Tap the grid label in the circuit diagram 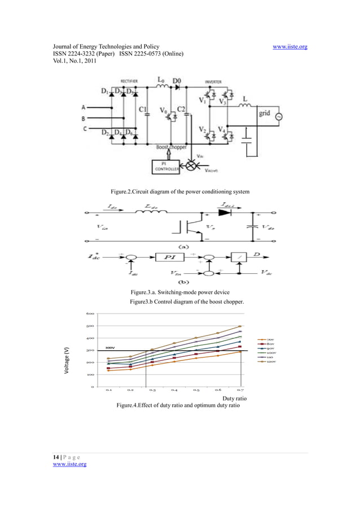[264, 112]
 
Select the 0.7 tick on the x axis [240, 390]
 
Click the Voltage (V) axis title [67, 359]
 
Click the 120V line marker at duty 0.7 [240, 326]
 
